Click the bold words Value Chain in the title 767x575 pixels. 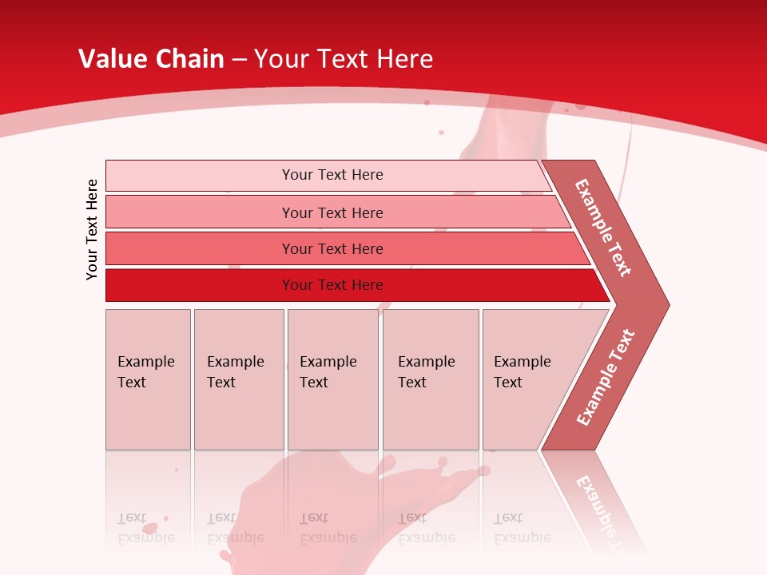pos(151,59)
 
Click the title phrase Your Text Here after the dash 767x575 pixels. pos(344,59)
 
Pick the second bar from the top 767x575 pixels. pos(332,212)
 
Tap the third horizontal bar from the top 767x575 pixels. pos(332,248)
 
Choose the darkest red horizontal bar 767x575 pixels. pos(332,285)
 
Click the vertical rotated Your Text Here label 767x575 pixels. pos(92,229)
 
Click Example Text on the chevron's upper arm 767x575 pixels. pos(603,228)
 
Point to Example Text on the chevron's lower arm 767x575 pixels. pos(605,378)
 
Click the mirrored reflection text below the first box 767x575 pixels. pos(145,528)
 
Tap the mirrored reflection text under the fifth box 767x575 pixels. pos(522,528)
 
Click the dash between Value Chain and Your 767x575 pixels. pos(239,60)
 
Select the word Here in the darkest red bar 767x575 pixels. pos(368,285)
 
